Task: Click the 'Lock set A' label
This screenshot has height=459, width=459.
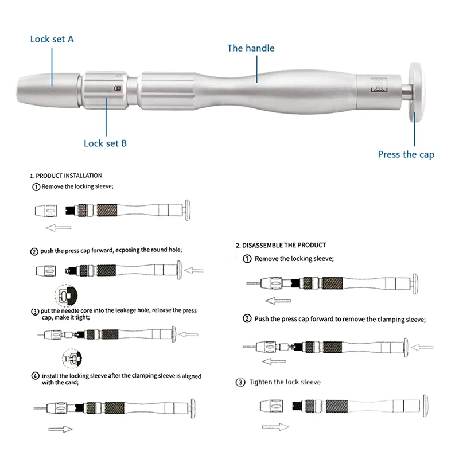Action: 52,39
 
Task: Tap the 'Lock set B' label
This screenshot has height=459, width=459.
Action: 105,143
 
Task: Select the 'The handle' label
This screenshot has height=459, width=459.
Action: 251,48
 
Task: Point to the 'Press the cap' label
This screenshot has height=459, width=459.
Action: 406,154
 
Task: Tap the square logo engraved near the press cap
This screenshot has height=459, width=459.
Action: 379,85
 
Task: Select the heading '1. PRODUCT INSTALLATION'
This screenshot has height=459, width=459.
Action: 66,176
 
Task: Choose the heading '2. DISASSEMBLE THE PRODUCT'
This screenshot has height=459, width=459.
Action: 281,246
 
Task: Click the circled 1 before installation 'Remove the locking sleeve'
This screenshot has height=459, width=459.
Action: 36,187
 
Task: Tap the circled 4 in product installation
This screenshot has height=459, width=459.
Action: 35,376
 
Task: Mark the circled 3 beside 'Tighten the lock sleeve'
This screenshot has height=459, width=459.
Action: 240,382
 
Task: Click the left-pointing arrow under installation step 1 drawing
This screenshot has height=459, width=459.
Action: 59,227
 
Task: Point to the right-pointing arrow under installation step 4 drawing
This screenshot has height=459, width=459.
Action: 60,429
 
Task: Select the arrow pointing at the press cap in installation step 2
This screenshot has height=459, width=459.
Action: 194,270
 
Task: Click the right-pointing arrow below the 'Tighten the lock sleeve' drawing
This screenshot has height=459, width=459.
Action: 275,427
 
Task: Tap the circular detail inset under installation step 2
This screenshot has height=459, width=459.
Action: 66,295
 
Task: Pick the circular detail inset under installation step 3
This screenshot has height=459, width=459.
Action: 72,358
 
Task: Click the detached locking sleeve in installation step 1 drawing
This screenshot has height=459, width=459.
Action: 46,211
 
